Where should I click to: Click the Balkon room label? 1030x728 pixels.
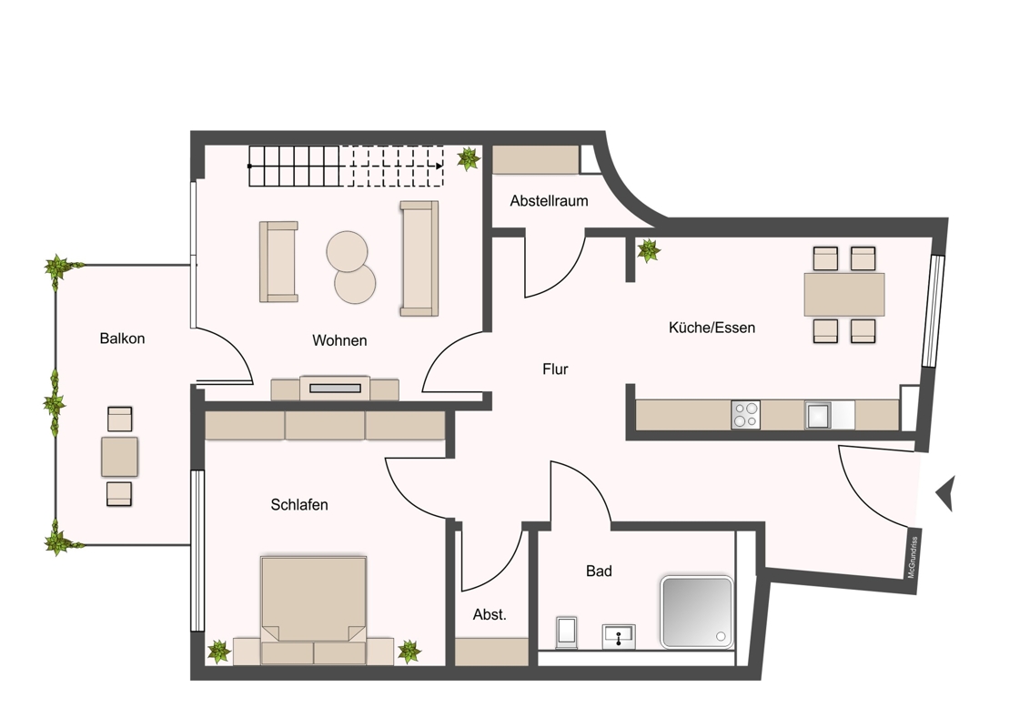tap(122, 339)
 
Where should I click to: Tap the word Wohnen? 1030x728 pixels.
tap(339, 340)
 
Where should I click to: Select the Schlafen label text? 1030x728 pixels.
tap(299, 505)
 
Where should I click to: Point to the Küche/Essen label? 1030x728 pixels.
tap(712, 328)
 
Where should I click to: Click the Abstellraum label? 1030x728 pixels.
tap(550, 201)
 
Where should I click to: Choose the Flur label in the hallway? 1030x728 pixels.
tap(555, 369)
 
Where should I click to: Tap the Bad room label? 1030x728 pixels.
tap(599, 571)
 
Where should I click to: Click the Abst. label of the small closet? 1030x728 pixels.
tap(490, 615)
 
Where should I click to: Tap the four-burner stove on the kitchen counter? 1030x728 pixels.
tap(745, 415)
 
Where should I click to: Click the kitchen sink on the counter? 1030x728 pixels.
tap(819, 415)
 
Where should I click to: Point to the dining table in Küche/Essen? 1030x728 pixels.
tap(844, 294)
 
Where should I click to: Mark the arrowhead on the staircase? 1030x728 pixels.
tap(439, 167)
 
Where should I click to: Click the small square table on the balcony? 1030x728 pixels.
tap(119, 457)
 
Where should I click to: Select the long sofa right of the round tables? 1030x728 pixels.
tap(419, 258)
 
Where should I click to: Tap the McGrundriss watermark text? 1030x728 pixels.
tap(912, 558)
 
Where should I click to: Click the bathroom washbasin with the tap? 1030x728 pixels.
tap(619, 637)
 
